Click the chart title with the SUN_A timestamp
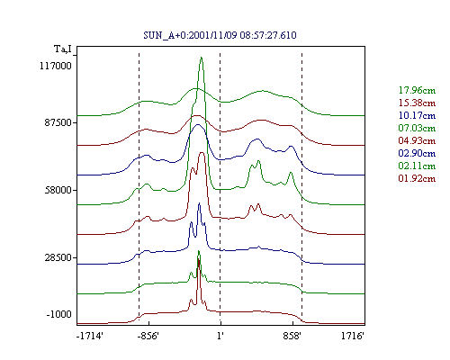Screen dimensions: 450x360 [220, 35]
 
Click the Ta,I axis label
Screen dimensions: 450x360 [63, 49]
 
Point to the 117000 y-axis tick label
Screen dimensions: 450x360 [56, 66]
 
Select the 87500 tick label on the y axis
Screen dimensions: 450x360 [58, 122]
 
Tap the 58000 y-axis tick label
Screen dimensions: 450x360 [58, 190]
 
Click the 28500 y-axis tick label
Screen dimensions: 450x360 [58, 257]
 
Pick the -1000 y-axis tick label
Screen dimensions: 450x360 [59, 314]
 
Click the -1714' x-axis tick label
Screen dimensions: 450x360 [90, 336]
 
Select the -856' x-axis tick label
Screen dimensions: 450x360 [148, 336]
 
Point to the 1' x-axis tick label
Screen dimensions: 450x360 [220, 336]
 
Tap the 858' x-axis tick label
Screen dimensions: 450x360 [292, 336]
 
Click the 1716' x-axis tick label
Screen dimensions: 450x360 [353, 336]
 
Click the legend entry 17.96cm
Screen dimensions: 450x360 [417, 90]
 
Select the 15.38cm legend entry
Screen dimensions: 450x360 [417, 103]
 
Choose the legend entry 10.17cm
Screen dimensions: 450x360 [417, 115]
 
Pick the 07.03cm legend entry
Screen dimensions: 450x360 [417, 128]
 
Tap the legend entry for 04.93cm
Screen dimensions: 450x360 [417, 140]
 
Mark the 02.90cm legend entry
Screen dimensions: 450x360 [417, 153]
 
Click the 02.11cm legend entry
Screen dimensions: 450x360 [417, 166]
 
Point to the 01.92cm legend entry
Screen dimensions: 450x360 [417, 178]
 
